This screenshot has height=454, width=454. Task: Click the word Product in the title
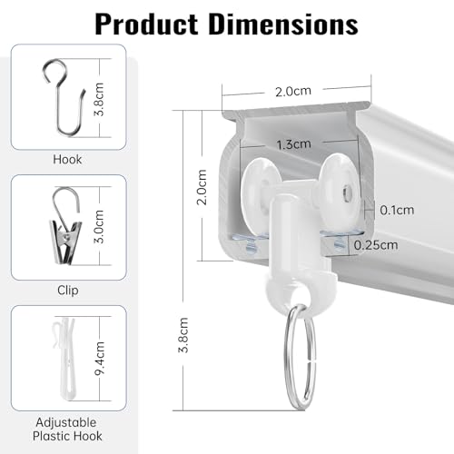[146, 25]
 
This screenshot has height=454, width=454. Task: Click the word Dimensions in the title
[283, 25]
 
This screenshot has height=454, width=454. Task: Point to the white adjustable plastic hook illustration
[64, 359]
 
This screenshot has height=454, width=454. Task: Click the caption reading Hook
[67, 160]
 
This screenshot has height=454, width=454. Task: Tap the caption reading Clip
[68, 291]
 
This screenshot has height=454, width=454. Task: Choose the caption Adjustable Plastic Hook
[67, 429]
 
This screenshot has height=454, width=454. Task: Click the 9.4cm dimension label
[99, 359]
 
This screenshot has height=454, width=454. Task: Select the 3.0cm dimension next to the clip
[99, 226]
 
